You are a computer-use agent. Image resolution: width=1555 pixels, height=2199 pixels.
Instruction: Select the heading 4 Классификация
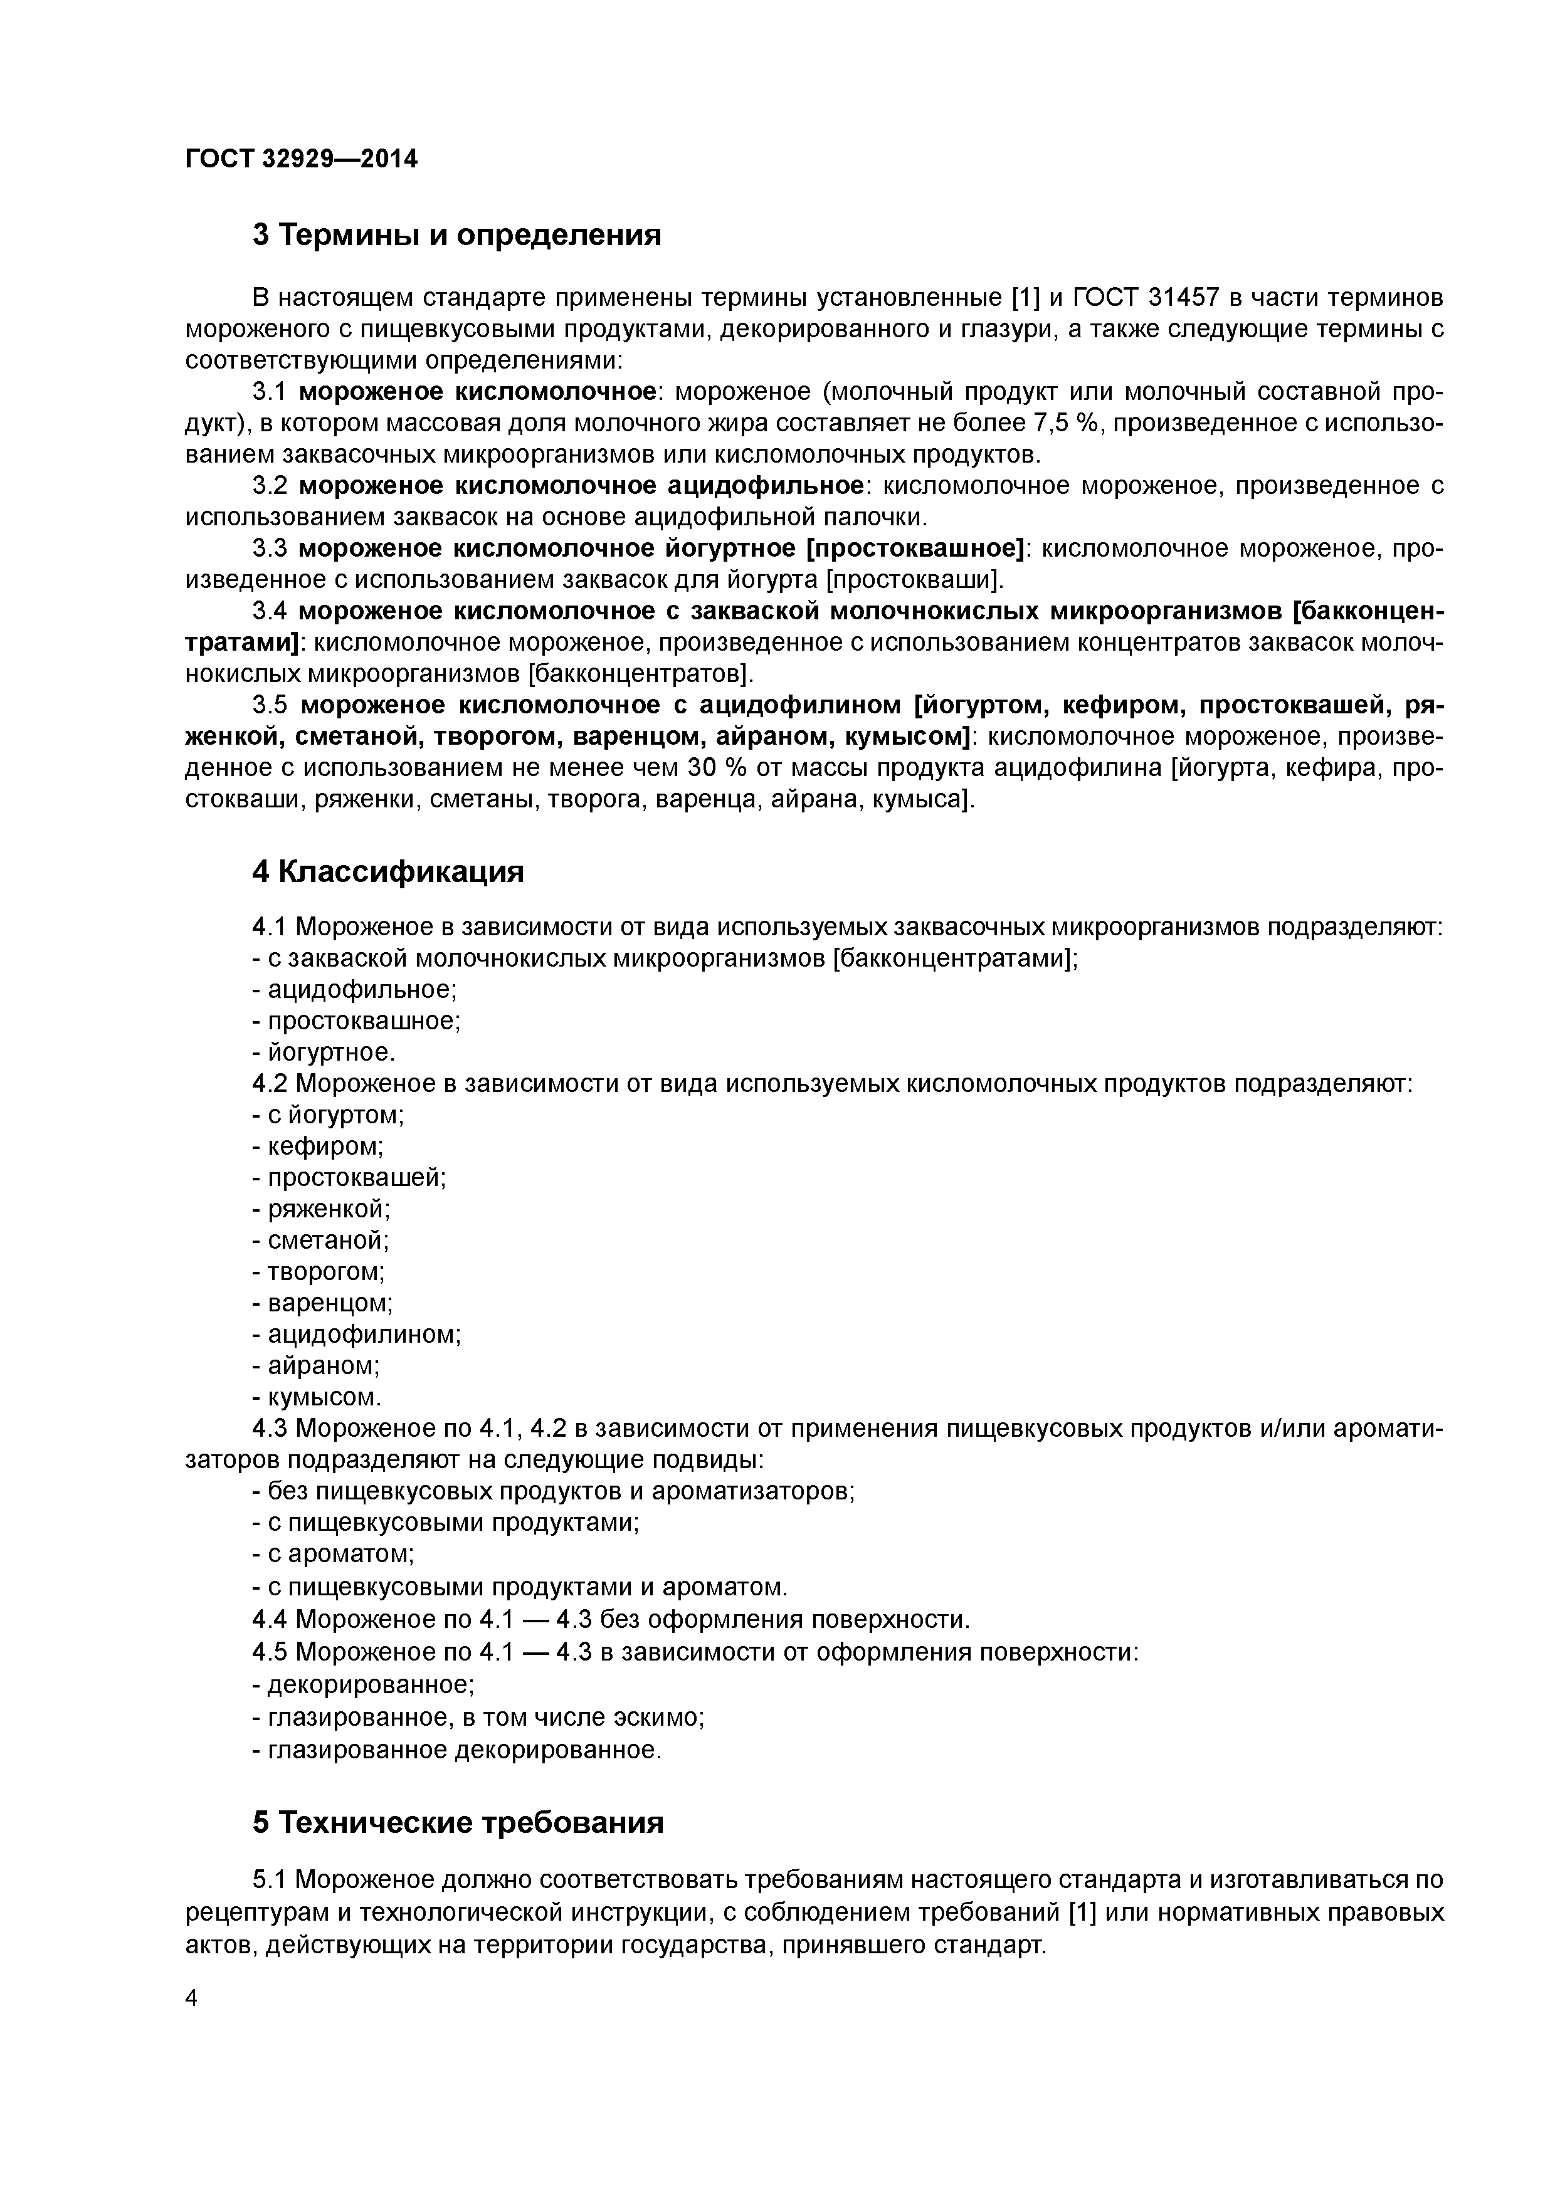(x=388, y=871)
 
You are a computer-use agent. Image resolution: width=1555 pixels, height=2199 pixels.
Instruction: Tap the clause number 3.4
(x=270, y=611)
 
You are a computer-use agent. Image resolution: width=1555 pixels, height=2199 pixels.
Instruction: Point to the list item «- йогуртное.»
(x=324, y=1052)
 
